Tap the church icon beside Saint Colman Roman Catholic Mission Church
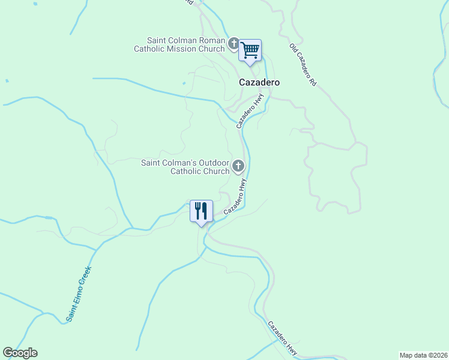pos(234,43)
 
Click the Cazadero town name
pos(260,82)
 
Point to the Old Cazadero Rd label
pos(303,65)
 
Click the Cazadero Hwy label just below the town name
pos(250,113)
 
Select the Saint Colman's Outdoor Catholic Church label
pos(185,167)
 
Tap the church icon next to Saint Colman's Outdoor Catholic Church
pos(238,166)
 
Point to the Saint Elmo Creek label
pos(79,293)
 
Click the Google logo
pos(20,353)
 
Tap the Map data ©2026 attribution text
pos(423,355)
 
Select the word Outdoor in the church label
pos(214,163)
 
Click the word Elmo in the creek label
pos(79,293)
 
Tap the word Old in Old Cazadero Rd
pos(294,49)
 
